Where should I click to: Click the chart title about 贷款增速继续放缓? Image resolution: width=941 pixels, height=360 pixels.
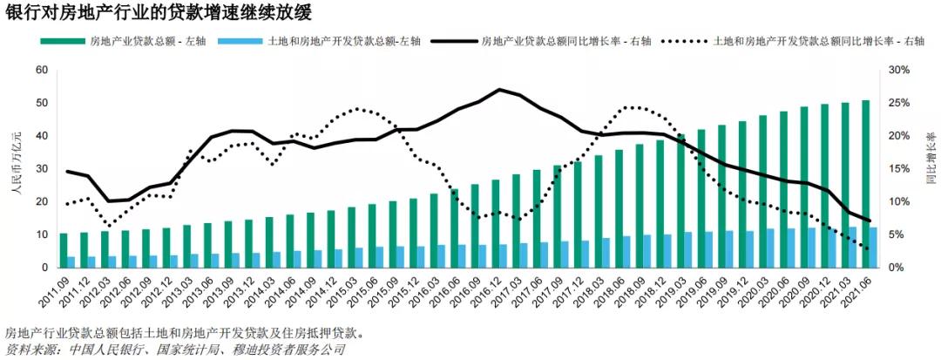[x=158, y=13]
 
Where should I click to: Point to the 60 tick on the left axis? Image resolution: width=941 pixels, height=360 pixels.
[x=42, y=70]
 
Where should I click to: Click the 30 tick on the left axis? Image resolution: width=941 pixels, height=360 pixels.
[x=42, y=169]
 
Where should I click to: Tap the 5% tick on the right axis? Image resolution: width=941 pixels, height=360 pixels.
[x=897, y=235]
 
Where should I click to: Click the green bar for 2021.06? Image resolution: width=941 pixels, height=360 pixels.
[x=865, y=184]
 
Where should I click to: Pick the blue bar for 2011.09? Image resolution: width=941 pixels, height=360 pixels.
[x=71, y=262]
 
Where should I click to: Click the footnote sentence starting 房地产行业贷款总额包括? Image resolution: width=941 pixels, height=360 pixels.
[x=184, y=333]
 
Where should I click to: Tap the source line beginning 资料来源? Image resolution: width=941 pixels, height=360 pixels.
[x=174, y=350]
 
